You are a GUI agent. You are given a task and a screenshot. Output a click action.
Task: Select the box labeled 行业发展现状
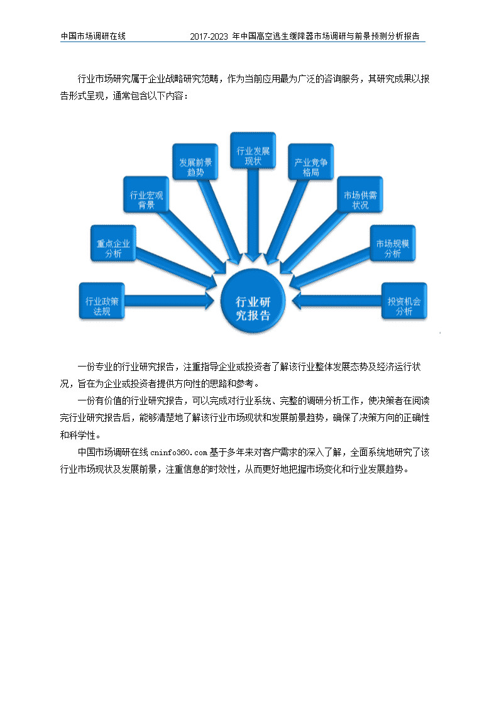pyautogui.click(x=253, y=150)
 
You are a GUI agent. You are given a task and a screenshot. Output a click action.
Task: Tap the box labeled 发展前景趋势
pyautogui.click(x=195, y=162)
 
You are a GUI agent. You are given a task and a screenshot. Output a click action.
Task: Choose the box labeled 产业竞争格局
pyautogui.click(x=310, y=162)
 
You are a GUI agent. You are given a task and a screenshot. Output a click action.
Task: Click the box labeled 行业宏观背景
pyautogui.click(x=146, y=194)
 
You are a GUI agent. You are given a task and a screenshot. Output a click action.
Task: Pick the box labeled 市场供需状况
pyautogui.click(x=360, y=194)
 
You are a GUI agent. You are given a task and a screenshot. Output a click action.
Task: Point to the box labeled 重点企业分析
pyautogui.click(x=113, y=243)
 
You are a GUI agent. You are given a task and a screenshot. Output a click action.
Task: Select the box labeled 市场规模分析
pyautogui.click(x=393, y=243)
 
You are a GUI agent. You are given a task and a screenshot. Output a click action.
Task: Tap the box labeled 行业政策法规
pyautogui.click(x=102, y=301)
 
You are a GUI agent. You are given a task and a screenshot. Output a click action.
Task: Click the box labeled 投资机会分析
pyautogui.click(x=404, y=301)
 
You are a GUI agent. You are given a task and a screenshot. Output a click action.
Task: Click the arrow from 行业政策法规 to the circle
pyautogui.click(x=169, y=301)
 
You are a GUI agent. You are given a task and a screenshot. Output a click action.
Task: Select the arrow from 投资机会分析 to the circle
pyautogui.click(x=337, y=301)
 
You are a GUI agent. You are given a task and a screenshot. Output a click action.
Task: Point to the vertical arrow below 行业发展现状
pyautogui.click(x=253, y=215)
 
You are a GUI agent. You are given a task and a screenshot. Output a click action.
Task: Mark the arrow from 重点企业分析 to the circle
pyautogui.click(x=176, y=268)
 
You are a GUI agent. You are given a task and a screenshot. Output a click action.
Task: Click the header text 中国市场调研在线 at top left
pyautogui.click(x=93, y=36)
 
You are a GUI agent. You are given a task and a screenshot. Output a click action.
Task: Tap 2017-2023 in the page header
pyautogui.click(x=209, y=36)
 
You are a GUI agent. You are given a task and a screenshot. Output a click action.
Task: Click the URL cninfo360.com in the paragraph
pyautogui.click(x=178, y=453)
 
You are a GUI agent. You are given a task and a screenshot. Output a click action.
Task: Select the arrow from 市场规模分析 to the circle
pyautogui.click(x=331, y=268)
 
